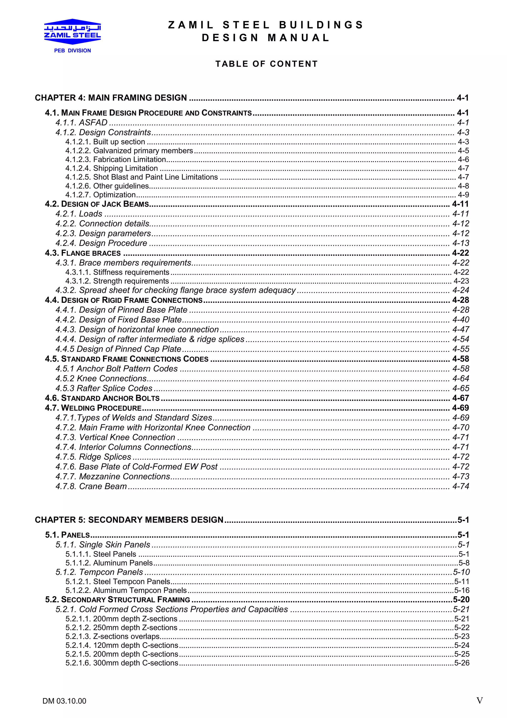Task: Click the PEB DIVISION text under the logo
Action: (x=73, y=51)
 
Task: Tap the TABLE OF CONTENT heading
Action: (x=266, y=64)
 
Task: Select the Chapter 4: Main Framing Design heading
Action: (x=111, y=98)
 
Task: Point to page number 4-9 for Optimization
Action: (x=463, y=195)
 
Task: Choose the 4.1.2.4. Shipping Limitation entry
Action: (x=111, y=168)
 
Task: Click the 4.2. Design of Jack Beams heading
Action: (x=97, y=204)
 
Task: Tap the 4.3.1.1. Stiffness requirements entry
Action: (x=117, y=272)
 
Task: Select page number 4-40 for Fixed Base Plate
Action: (x=461, y=320)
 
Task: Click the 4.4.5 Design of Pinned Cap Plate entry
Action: (x=118, y=349)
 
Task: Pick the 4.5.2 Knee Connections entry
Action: (x=101, y=378)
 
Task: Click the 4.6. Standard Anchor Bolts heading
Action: (x=102, y=398)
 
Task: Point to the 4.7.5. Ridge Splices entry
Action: (x=93, y=457)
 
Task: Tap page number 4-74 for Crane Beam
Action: (x=461, y=486)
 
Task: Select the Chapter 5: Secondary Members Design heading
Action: (x=129, y=520)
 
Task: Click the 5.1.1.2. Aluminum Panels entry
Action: (x=109, y=563)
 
